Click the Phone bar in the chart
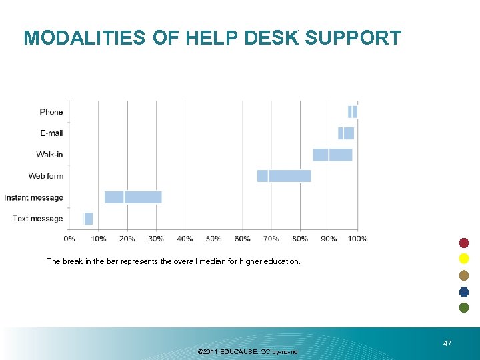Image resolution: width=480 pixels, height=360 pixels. click(353, 112)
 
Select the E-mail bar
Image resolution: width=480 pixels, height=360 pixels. click(346, 133)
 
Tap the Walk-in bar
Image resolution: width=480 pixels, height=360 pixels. click(333, 155)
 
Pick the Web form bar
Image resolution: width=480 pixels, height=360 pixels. click(284, 176)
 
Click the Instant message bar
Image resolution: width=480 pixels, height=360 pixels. click(133, 197)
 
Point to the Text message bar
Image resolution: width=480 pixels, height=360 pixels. click(88, 219)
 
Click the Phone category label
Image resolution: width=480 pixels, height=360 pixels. click(51, 112)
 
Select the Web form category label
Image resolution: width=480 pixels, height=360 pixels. click(46, 176)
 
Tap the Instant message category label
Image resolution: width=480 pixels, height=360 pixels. click(34, 197)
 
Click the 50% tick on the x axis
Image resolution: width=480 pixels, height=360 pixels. click(213, 239)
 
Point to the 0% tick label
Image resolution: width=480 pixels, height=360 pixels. click(69, 239)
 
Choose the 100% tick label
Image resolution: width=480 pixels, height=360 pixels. click(358, 239)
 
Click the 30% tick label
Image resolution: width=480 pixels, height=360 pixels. click(156, 239)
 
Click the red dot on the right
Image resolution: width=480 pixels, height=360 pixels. click(464, 243)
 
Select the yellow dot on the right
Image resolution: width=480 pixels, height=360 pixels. click(464, 259)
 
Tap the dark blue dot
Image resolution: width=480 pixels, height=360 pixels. click(464, 291)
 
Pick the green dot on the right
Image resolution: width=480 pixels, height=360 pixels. click(464, 307)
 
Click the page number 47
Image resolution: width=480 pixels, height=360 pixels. click(447, 343)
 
